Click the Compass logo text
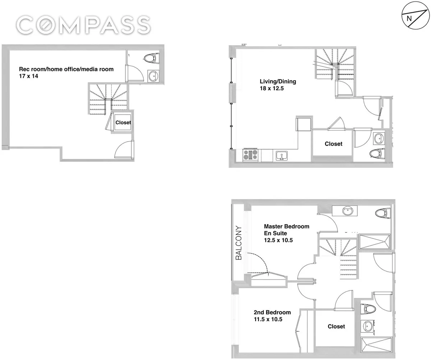pyautogui.click(x=83, y=25)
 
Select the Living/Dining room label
pyautogui.click(x=278, y=82)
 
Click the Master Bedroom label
pyautogui.click(x=287, y=227)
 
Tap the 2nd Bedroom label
pyautogui.click(x=272, y=312)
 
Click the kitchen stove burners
pyautogui.click(x=250, y=155)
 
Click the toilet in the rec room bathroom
pyautogui.click(x=152, y=58)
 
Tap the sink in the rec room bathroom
pyautogui.click(x=153, y=76)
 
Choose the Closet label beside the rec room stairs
pyautogui.click(x=123, y=123)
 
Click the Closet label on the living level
pyautogui.click(x=333, y=144)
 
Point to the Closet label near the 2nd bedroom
pyautogui.click(x=336, y=326)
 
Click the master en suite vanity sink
pyautogui.click(x=348, y=211)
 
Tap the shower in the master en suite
pyautogui.click(x=375, y=241)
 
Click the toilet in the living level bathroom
pyautogui.click(x=376, y=153)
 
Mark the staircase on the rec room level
pyautogui.click(x=107, y=98)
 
